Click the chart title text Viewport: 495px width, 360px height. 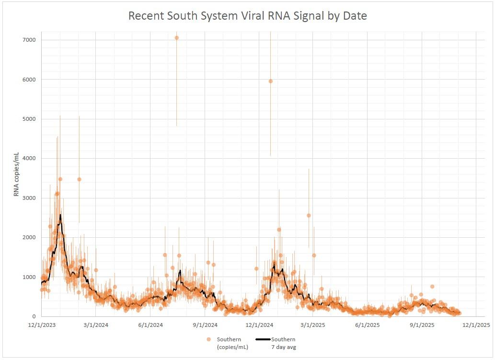click(x=247, y=16)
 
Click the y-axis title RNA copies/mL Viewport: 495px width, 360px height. click(x=17, y=174)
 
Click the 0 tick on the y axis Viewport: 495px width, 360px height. click(x=34, y=316)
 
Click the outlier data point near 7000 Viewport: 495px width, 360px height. click(x=176, y=38)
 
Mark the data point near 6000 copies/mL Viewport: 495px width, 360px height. click(x=271, y=81)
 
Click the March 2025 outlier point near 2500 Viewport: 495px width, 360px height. click(x=309, y=215)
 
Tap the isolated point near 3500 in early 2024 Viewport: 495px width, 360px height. click(x=79, y=179)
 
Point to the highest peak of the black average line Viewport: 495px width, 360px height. click(x=60, y=215)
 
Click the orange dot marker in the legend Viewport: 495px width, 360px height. click(x=208, y=339)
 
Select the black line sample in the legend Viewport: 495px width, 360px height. click(x=262, y=339)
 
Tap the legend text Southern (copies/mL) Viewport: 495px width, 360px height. click(x=229, y=343)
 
